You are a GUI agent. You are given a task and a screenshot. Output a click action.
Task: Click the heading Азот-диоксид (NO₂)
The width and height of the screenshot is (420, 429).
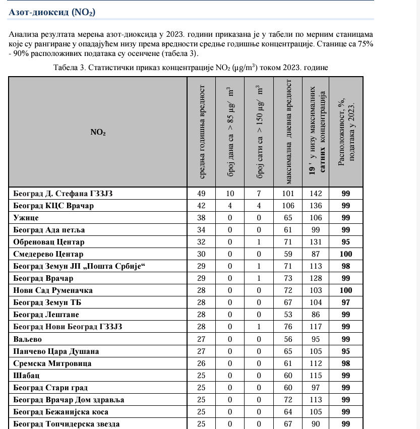[x=52, y=12]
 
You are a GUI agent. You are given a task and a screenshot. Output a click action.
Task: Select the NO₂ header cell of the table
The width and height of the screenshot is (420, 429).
[x=98, y=132]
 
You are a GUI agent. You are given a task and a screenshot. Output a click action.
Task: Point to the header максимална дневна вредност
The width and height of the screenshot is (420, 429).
[x=289, y=132]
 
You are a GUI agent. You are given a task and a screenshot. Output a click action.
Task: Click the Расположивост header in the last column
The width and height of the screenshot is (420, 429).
[x=346, y=132]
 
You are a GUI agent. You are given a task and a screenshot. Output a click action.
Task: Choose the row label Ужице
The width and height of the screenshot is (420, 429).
[x=26, y=218]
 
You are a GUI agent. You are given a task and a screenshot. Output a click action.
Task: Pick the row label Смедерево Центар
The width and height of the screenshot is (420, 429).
[x=48, y=254]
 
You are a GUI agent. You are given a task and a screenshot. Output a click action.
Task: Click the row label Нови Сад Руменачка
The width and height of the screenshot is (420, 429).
[x=53, y=290]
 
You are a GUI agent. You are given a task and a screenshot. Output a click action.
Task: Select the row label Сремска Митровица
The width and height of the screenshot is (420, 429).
[x=51, y=363]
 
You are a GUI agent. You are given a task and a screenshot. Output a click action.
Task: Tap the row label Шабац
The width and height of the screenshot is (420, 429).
[x=26, y=376]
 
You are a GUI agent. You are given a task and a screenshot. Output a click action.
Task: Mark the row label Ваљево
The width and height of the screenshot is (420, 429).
[x=27, y=339]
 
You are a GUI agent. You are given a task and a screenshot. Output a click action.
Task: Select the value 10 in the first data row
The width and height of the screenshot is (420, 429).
[x=230, y=194]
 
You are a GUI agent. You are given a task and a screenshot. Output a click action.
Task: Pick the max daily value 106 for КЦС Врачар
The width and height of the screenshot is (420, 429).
[x=288, y=206]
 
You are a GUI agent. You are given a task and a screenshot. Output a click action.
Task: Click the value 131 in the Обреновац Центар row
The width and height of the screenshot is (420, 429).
[x=316, y=242]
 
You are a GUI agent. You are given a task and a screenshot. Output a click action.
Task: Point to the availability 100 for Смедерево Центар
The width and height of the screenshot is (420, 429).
[x=346, y=254]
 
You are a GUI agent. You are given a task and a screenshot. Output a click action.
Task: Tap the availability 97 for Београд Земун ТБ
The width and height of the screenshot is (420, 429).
[x=346, y=302]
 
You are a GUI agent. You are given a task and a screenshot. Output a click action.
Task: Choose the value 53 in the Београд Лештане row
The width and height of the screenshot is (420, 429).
[x=288, y=315]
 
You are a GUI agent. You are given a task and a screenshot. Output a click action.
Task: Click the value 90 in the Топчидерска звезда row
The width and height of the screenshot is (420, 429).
[x=316, y=424]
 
